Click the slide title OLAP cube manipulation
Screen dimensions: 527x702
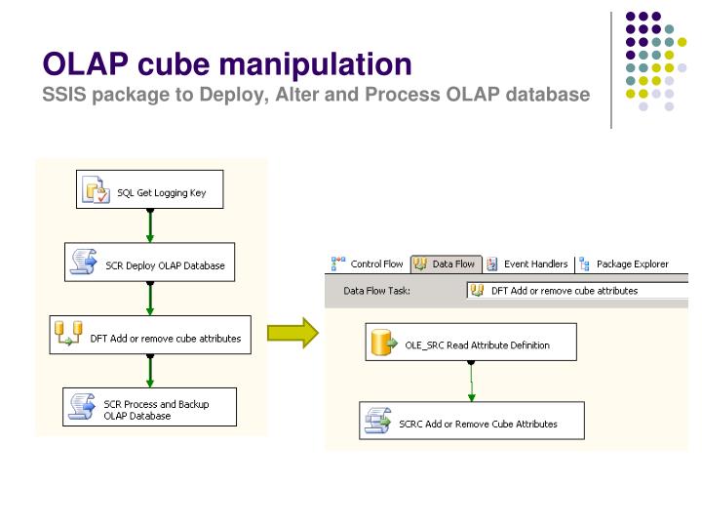[x=226, y=64]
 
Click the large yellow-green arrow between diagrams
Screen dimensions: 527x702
[x=293, y=332]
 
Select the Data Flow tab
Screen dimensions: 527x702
[x=445, y=263]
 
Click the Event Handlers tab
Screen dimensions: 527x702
[x=529, y=263]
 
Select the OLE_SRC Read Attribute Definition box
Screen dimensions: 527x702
[x=471, y=344]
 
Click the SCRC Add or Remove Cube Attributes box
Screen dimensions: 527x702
[x=472, y=423]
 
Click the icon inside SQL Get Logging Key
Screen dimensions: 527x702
[x=96, y=192]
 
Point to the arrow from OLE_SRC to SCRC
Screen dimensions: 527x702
[x=471, y=382]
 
